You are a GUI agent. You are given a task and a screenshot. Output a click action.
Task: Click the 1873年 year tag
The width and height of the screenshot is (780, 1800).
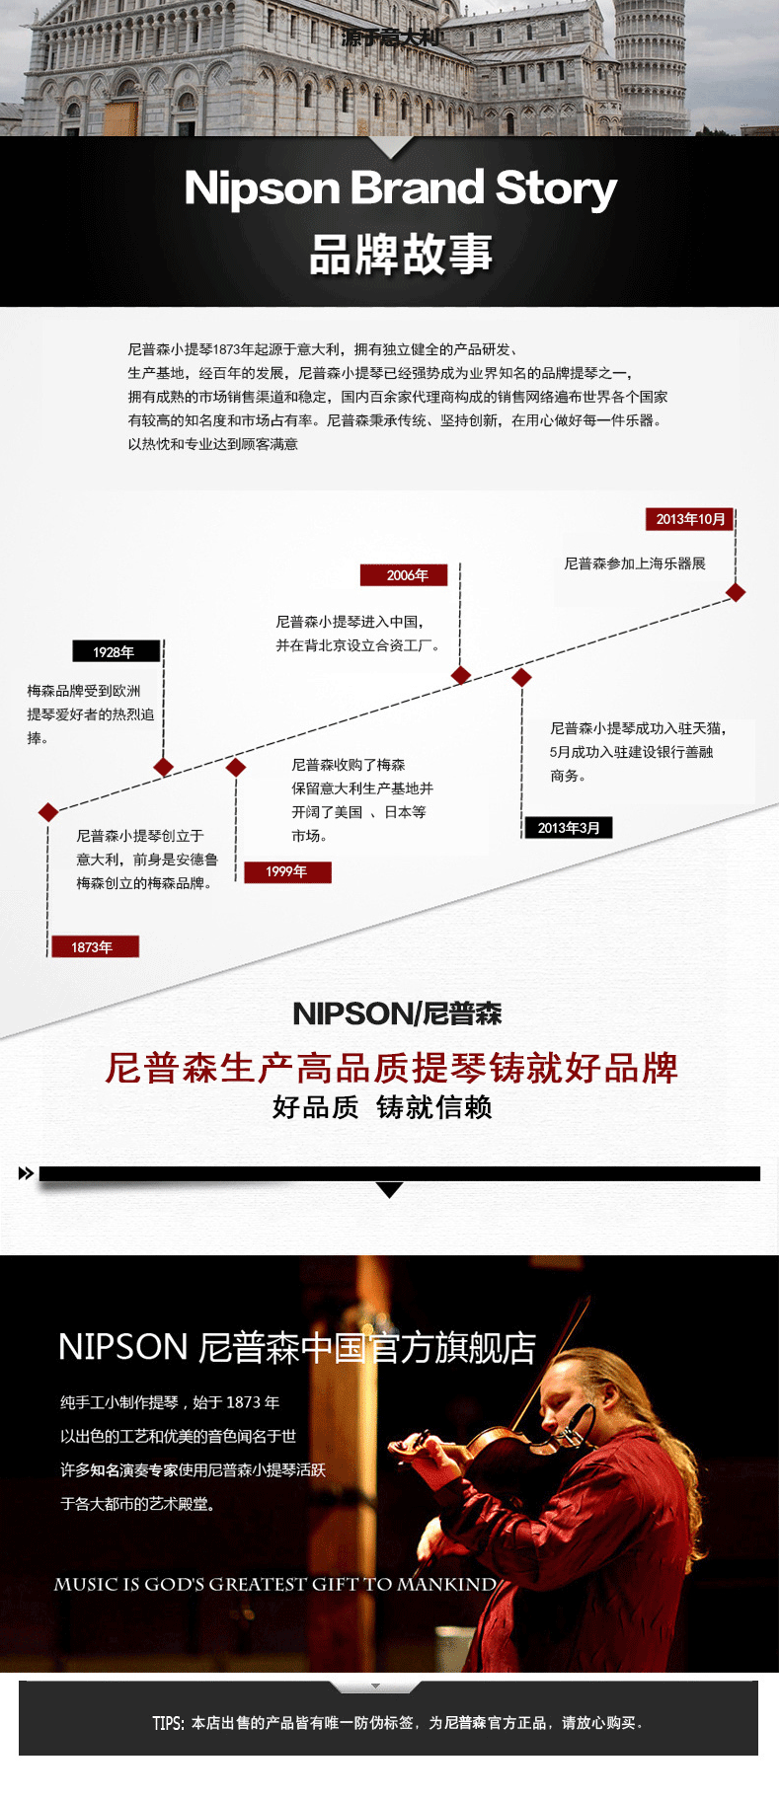93,947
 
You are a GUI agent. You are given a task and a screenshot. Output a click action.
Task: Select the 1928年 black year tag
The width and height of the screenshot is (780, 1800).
116,651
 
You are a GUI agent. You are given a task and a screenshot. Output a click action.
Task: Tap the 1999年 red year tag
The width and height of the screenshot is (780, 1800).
287,871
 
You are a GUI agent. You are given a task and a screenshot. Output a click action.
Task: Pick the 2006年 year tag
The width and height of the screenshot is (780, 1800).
404,575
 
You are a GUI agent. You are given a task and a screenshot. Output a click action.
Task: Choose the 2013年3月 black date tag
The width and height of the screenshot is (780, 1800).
568,828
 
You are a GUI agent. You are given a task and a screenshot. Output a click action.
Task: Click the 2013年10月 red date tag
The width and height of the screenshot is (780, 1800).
690,519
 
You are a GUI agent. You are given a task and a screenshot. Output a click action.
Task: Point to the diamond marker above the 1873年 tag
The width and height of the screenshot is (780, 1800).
47,812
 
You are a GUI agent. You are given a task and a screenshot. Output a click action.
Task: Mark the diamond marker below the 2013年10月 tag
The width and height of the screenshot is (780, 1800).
736,592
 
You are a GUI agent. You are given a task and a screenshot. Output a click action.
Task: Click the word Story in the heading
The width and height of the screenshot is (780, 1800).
556,187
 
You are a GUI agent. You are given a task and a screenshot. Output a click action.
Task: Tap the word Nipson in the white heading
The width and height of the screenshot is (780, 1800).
262,187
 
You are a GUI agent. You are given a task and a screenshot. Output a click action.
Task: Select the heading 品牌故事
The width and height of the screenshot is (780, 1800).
401,254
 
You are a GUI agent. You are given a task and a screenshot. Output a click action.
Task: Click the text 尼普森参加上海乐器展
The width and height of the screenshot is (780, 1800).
635,563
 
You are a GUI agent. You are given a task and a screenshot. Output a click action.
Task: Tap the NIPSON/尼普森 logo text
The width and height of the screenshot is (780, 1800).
397,1013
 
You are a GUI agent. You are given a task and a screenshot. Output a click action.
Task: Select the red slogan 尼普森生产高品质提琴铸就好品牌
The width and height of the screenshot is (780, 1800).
391,1068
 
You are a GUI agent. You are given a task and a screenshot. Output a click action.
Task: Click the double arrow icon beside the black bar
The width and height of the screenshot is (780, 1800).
26,1173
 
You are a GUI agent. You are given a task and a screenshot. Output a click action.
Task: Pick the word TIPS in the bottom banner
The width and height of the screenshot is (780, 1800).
167,1723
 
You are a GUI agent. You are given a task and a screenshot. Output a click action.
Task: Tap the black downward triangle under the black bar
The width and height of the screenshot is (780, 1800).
390,1190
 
